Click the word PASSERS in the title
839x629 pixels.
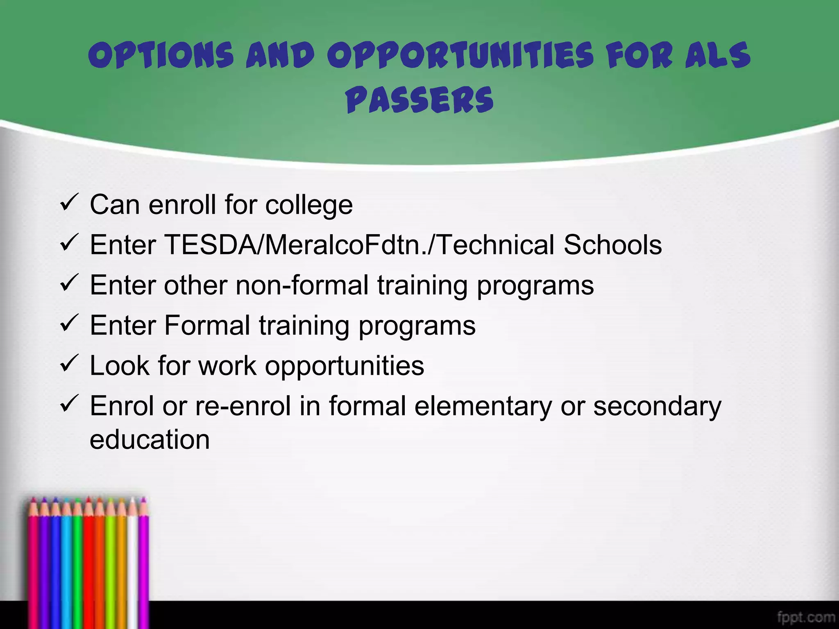click(419, 100)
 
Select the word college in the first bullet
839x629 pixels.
click(309, 205)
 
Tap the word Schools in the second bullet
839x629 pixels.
click(612, 245)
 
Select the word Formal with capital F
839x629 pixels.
click(207, 326)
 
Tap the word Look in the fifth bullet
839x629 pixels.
click(119, 365)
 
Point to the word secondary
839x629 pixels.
click(657, 407)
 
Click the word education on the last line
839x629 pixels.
click(150, 439)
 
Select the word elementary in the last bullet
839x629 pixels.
click(483, 407)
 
